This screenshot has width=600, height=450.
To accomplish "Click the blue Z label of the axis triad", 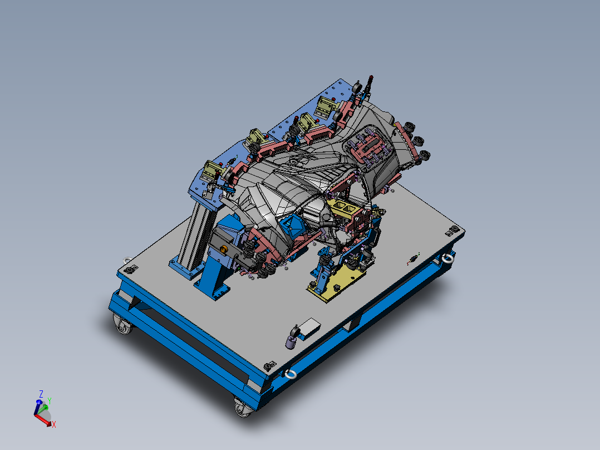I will [41, 394].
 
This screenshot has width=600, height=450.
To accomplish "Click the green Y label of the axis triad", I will [49, 400].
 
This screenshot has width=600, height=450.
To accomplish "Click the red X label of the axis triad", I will [53, 424].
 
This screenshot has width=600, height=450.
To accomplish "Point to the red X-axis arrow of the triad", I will [45, 420].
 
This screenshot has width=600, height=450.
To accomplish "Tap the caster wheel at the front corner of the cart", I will [242, 408].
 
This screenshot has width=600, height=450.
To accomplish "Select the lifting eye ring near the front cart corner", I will [290, 374].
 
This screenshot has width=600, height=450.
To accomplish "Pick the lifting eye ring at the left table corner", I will [127, 260].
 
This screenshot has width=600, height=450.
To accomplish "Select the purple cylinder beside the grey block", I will [291, 341].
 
